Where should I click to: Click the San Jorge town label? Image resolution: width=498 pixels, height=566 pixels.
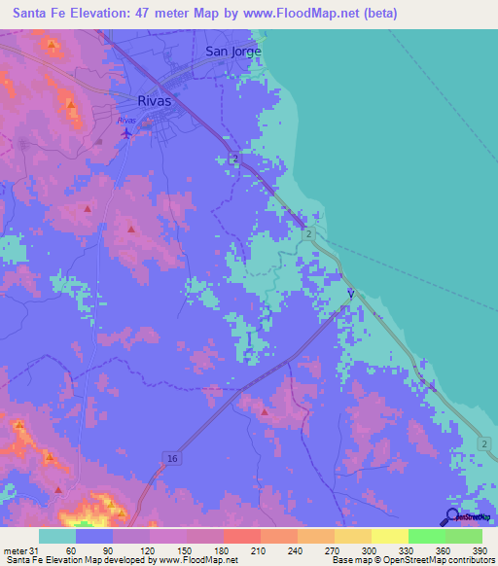pyautogui.click(x=233, y=51)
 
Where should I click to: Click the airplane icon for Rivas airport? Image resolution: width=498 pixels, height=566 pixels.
pyautogui.click(x=125, y=133)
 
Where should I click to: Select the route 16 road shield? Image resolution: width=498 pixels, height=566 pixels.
pyautogui.click(x=171, y=457)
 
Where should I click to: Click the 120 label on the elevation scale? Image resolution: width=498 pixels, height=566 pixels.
pyautogui.click(x=147, y=550)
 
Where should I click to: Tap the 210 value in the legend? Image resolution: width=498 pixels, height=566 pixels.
pyautogui.click(x=258, y=550)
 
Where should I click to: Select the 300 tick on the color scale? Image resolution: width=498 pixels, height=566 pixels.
pyautogui.click(x=369, y=550)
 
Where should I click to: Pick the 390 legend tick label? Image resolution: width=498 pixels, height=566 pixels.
pyautogui.click(x=480, y=550)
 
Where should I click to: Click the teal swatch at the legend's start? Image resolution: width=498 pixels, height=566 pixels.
pyautogui.click(x=57, y=536)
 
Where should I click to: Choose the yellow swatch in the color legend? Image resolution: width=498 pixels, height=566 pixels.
pyautogui.click(x=389, y=536)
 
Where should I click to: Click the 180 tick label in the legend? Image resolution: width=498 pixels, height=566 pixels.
pyautogui.click(x=221, y=550)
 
